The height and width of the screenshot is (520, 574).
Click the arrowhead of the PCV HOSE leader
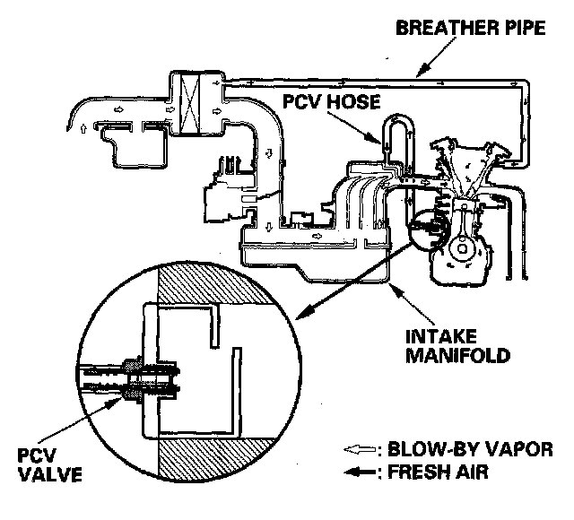[384, 142]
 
